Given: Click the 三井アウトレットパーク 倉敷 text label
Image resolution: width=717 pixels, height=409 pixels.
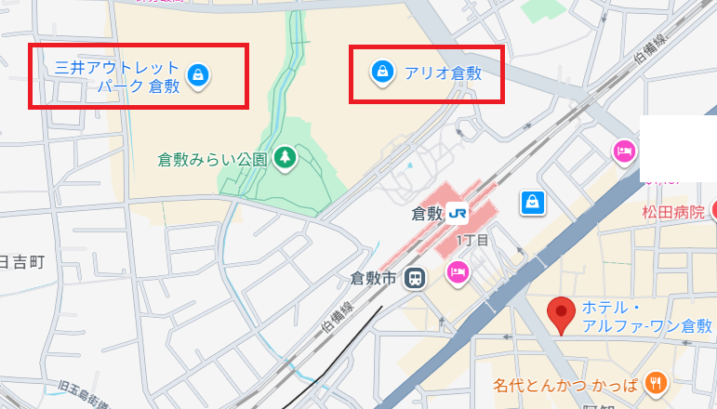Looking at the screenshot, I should (117, 77).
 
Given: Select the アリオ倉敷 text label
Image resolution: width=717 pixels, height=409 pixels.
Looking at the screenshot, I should (442, 73).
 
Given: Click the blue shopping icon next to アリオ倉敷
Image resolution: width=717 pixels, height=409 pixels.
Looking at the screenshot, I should (380, 72).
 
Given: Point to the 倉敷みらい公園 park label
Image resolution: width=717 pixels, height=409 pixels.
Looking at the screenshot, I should (213, 159).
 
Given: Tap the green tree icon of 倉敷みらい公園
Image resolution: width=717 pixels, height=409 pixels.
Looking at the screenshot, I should (285, 158).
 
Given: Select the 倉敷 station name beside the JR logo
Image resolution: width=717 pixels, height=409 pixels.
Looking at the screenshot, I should (426, 213).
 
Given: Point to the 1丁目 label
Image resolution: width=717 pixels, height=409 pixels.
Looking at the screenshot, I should (471, 241).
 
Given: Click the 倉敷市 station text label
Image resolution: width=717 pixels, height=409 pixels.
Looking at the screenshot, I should (373, 277).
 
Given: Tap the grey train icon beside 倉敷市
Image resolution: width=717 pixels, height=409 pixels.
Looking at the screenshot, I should (415, 278).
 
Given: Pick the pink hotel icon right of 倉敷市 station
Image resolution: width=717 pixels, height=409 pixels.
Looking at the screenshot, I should (458, 270).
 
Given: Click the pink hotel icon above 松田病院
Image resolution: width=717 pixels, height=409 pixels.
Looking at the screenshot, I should (622, 151).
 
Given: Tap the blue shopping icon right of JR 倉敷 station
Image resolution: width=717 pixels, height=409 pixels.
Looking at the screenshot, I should (533, 201).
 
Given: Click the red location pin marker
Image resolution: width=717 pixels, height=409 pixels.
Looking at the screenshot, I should (560, 315).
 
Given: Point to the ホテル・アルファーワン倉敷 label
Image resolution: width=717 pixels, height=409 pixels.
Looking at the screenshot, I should (646, 317).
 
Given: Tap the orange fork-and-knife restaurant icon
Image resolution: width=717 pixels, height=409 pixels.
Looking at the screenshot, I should (657, 381).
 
